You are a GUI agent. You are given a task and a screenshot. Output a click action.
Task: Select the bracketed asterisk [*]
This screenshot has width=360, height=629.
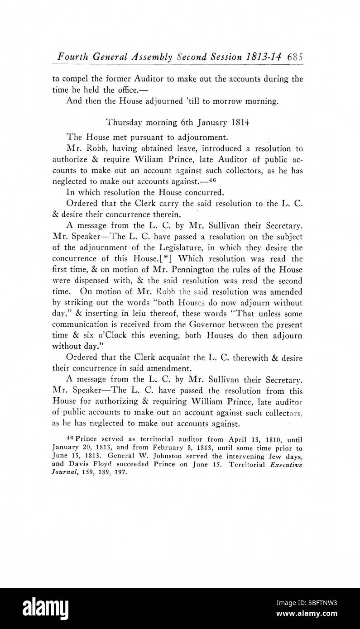point(166,258)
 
